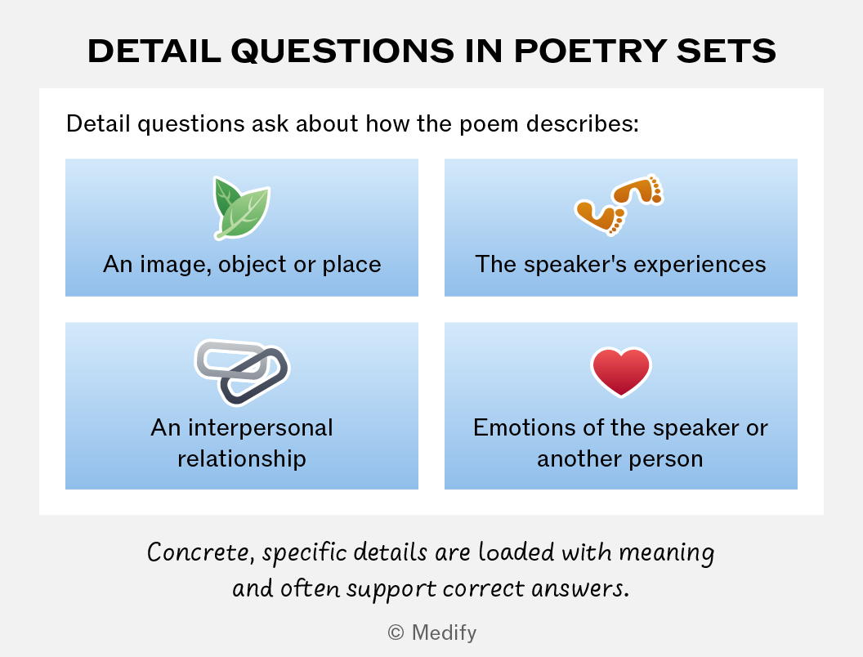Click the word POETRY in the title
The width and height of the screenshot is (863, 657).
click(590, 51)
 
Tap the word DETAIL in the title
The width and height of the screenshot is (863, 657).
click(154, 51)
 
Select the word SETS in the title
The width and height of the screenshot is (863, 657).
click(727, 51)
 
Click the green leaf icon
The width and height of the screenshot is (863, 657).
click(242, 208)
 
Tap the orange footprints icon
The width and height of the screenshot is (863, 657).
click(619, 204)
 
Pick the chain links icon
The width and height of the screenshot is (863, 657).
click(242, 372)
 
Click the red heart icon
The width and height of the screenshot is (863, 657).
click(621, 372)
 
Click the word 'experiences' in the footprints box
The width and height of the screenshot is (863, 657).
click(700, 266)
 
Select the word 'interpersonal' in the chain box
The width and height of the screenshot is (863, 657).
click(261, 427)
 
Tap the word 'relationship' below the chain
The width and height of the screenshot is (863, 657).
click(242, 458)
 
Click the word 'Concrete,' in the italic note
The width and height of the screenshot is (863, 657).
click(201, 552)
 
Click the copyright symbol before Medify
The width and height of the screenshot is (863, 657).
click(396, 632)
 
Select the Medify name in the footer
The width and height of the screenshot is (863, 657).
click(444, 632)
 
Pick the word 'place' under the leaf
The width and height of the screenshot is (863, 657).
click(351, 266)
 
